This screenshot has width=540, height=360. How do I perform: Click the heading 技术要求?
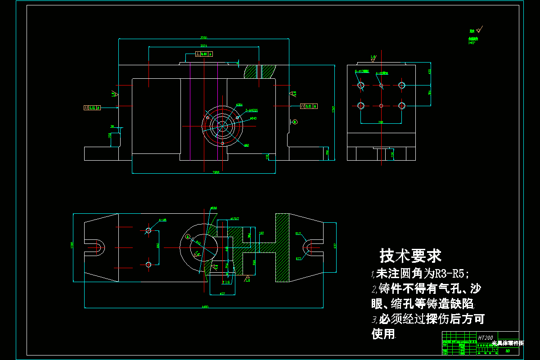pyautogui.click(x=410, y=256)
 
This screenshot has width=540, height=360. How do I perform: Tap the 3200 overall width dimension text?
pyautogui.click(x=203, y=37)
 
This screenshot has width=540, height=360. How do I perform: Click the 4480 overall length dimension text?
pyautogui.click(x=205, y=307)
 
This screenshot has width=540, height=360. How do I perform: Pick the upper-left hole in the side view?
pyautogui.click(x=360, y=85)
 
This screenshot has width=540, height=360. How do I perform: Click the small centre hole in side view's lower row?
pyautogui.click(x=381, y=105)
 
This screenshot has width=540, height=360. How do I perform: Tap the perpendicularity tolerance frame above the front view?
pyautogui.click(x=204, y=54)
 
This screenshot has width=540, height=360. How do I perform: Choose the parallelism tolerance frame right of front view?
pyautogui.click(x=308, y=106)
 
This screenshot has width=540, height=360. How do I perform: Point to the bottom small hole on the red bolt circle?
pyautogui.click(x=222, y=143)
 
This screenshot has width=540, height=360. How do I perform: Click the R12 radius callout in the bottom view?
pyautogui.click(x=298, y=234)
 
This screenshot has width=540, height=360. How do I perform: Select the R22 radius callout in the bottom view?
pyautogui.click(x=298, y=259)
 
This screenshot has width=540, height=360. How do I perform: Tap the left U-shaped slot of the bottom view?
pyautogui.click(x=96, y=247)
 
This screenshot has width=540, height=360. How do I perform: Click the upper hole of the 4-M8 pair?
pyautogui.click(x=148, y=231)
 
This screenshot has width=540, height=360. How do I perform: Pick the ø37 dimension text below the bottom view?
pyautogui.click(x=222, y=294)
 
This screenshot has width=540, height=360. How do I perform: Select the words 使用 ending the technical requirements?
pyautogui.click(x=383, y=334)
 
